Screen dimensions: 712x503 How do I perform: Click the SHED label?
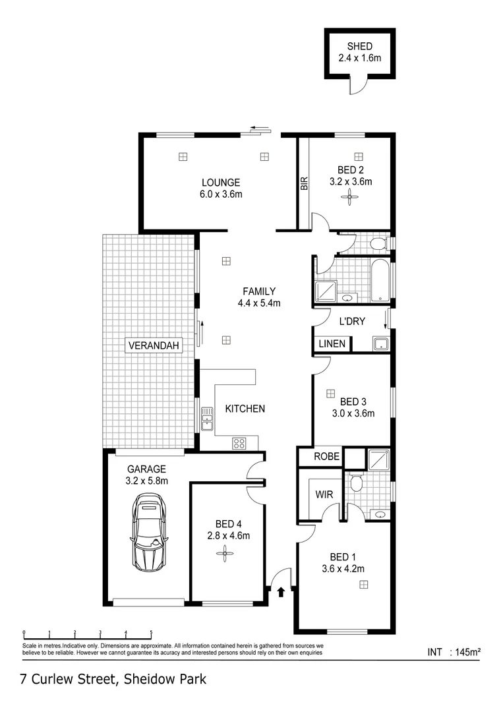[360, 46]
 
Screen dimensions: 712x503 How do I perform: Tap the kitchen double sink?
[207, 418]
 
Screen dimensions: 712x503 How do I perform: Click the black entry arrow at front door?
[282, 591]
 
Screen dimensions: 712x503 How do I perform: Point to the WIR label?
[323, 494]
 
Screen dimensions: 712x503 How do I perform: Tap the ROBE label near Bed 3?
[326, 456]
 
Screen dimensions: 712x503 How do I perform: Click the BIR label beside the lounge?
[304, 183]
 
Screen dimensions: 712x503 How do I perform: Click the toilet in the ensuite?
[357, 484]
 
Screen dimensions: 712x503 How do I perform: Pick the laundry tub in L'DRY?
[380, 343]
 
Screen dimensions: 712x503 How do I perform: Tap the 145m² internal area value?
[465, 653]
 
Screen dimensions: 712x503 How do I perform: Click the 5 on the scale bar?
[151, 632]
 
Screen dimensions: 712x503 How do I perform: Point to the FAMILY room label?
[259, 291]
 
